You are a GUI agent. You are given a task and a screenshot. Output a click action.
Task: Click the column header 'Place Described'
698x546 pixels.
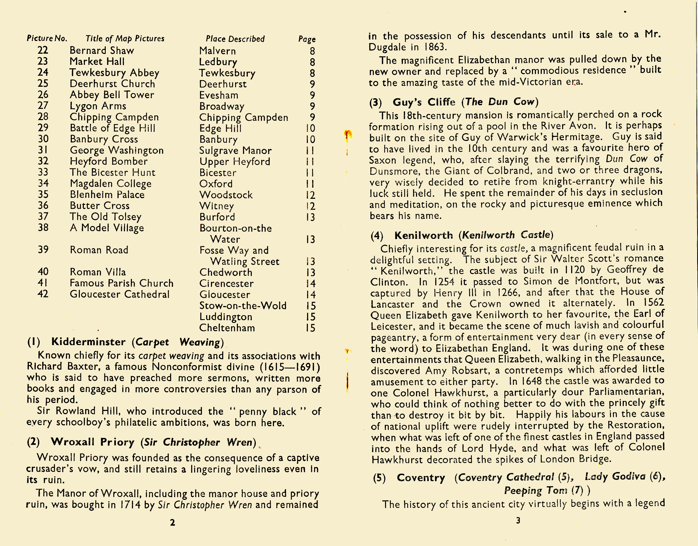[x=235, y=39]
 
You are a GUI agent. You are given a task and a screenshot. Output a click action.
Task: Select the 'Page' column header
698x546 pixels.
[x=307, y=39]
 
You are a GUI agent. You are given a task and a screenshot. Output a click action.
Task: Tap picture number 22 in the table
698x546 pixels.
[x=43, y=50]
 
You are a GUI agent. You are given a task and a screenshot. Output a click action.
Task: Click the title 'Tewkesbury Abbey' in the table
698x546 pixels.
[x=114, y=73]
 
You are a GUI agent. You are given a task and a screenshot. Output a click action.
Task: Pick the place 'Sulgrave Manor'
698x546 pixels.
[x=235, y=150]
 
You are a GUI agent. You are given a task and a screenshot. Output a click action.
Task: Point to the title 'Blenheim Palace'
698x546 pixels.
[x=107, y=194]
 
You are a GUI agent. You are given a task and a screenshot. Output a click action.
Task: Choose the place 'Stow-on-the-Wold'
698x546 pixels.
[x=243, y=306]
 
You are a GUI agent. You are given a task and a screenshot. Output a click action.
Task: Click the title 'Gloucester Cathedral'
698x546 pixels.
[x=120, y=294]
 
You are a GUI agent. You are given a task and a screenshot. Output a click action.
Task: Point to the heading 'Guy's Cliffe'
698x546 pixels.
[x=424, y=102]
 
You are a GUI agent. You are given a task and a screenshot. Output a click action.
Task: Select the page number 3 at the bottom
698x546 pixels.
[x=518, y=521]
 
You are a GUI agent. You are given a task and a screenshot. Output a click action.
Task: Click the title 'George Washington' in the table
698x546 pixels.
[x=117, y=150]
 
